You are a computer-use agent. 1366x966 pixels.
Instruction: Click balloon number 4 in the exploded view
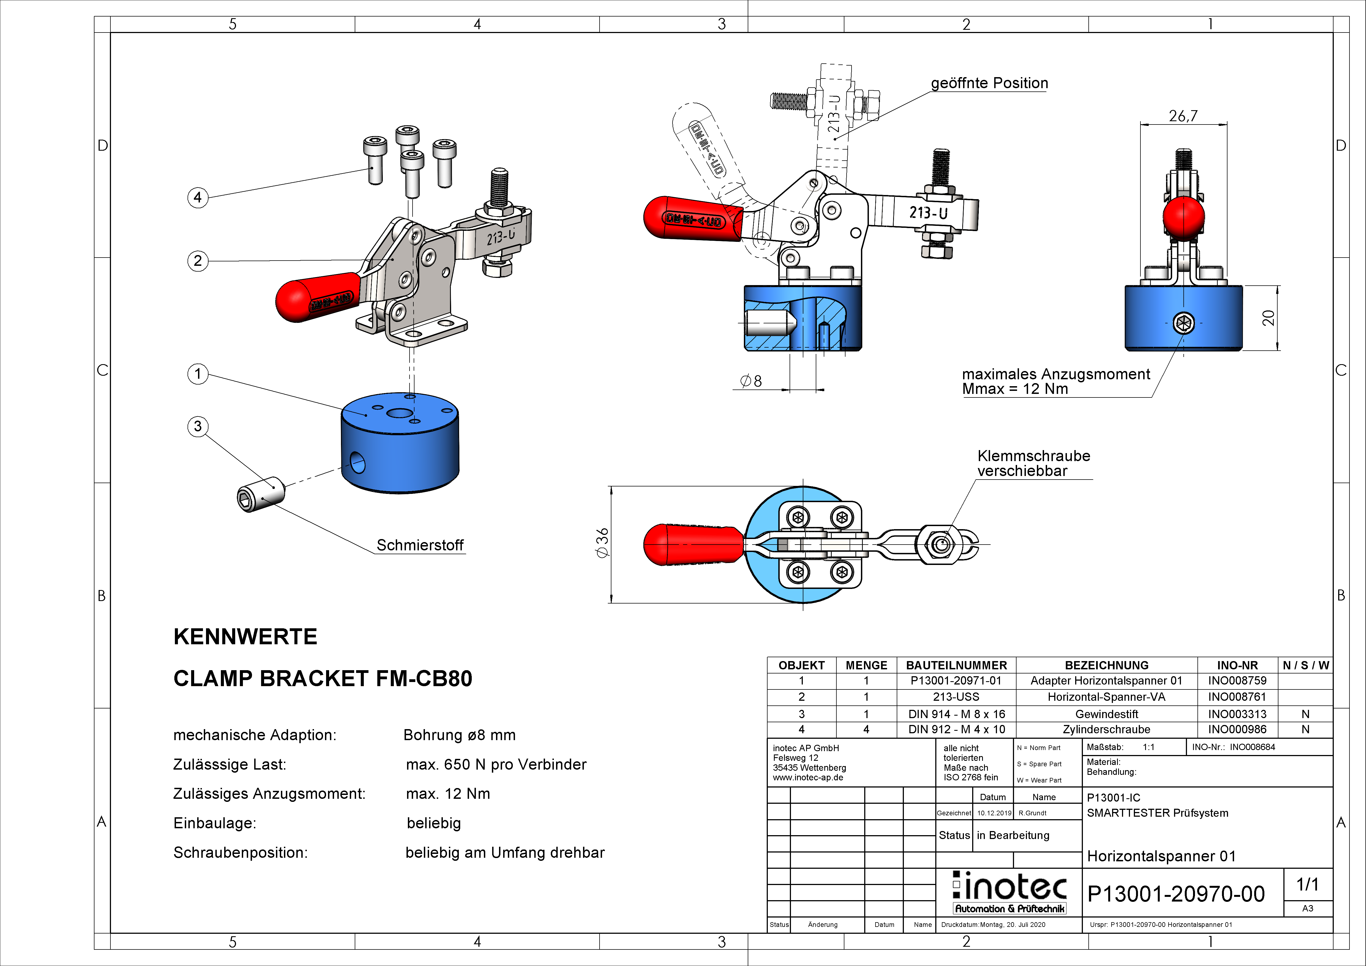tap(197, 197)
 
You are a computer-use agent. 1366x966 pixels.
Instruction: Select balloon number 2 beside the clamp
tap(197, 261)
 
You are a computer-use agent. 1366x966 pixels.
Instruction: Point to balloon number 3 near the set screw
tap(197, 426)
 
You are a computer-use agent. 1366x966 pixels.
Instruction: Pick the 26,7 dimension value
tap(1183, 116)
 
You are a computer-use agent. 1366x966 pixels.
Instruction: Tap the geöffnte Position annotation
tap(989, 83)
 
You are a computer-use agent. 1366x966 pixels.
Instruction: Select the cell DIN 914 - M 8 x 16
tap(956, 714)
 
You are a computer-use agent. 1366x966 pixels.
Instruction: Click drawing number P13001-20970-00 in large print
tap(1176, 894)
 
